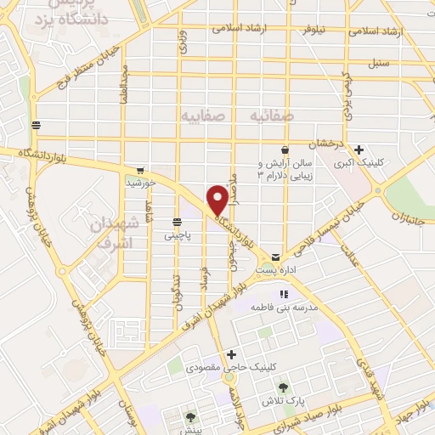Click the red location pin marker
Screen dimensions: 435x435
(x=218, y=199)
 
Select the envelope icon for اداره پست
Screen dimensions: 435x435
(x=275, y=257)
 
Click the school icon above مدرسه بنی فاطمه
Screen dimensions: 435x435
(x=283, y=294)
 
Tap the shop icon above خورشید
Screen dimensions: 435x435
(x=139, y=170)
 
